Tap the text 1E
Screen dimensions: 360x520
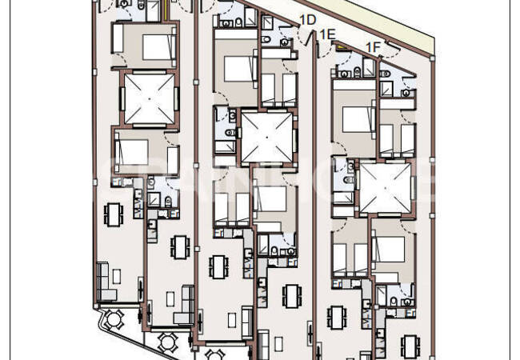(x=326, y=34)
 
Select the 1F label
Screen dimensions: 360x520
(x=373, y=47)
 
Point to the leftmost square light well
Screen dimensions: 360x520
(x=146, y=98)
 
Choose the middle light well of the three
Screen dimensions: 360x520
(x=266, y=137)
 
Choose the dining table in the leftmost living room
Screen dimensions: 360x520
(x=114, y=214)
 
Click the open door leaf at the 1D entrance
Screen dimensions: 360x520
(x=301, y=36)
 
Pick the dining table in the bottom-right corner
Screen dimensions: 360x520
(x=413, y=346)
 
